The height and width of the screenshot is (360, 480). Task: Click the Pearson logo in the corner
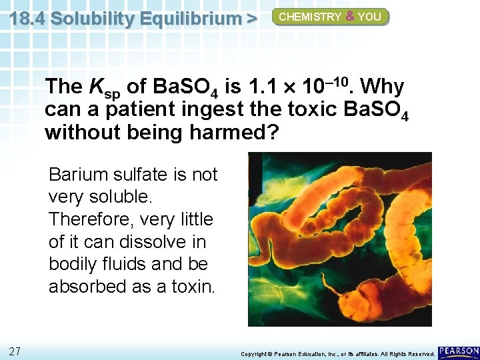(459, 351)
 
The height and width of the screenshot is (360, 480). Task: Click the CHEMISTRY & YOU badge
(330, 17)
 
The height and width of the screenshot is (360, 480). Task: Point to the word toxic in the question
(310, 109)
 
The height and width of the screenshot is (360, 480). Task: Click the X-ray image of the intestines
(339, 239)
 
